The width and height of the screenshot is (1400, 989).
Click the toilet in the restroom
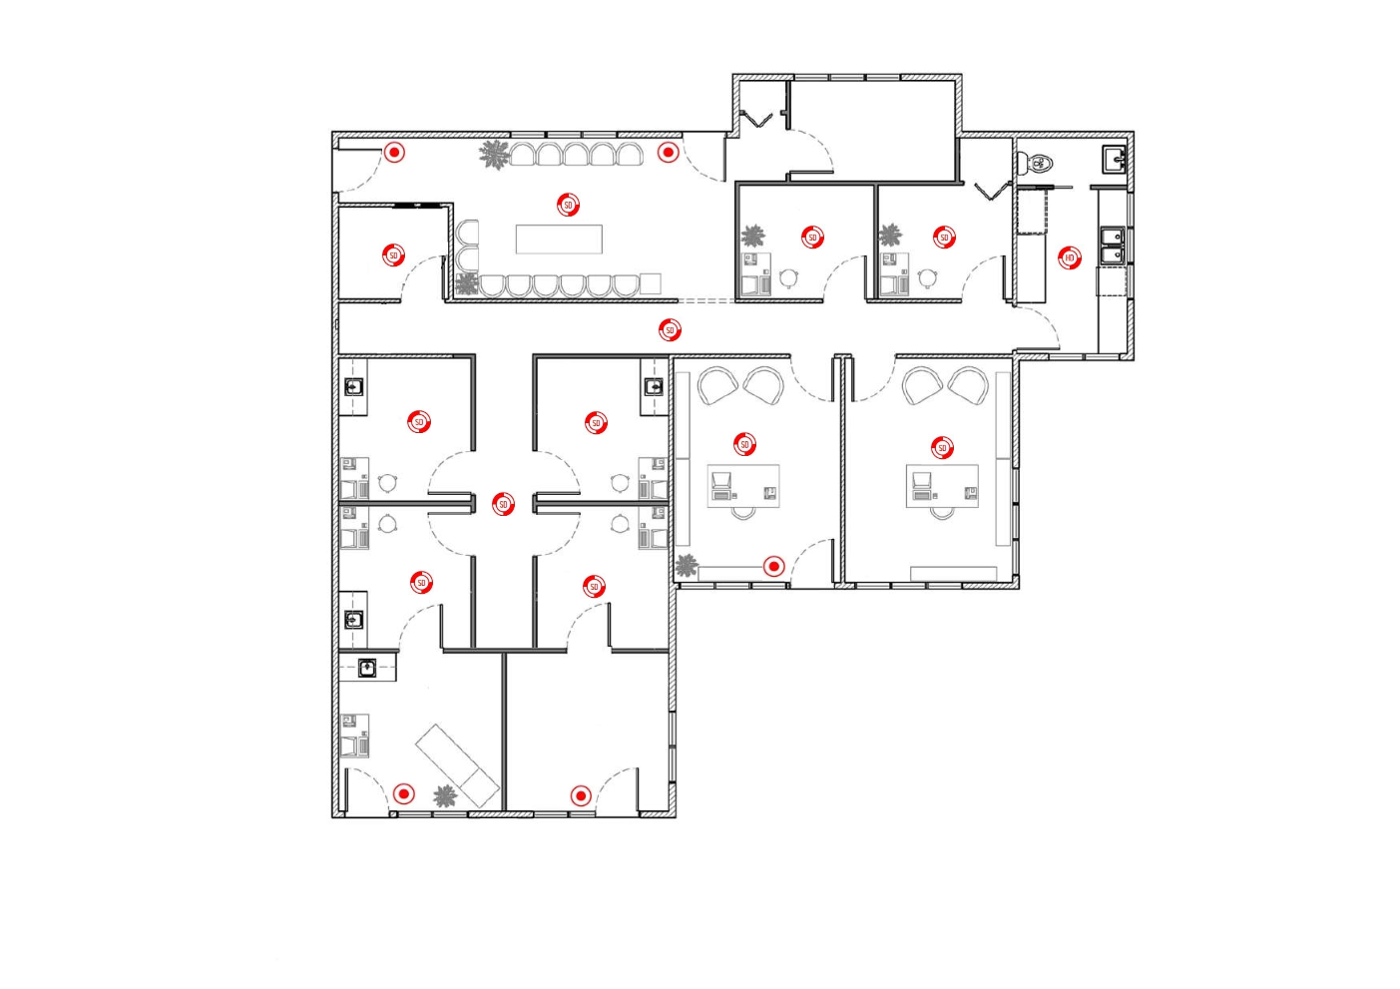click(1041, 162)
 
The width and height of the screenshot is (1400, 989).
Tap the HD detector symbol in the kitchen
click(1069, 257)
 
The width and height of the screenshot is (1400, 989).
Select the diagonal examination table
click(458, 764)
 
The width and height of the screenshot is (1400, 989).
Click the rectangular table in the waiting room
click(559, 239)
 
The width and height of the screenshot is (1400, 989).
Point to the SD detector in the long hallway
click(670, 329)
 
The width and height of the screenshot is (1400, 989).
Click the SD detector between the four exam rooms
click(503, 505)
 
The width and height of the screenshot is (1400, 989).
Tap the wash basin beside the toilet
click(1113, 159)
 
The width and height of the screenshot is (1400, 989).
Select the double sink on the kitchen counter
click(1112, 246)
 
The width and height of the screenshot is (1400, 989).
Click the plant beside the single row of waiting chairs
click(494, 155)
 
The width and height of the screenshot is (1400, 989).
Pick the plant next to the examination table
click(445, 796)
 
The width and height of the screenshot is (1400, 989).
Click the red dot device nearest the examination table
click(403, 794)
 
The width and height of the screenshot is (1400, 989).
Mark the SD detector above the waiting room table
click(568, 205)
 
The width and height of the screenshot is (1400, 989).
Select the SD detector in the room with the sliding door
click(393, 255)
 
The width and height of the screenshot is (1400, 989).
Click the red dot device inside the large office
click(773, 567)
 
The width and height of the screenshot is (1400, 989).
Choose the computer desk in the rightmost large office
click(942, 486)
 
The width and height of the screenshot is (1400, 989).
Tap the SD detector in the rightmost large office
click(942, 448)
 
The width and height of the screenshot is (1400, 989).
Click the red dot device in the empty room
click(581, 795)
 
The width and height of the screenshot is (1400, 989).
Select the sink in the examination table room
click(367, 667)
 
